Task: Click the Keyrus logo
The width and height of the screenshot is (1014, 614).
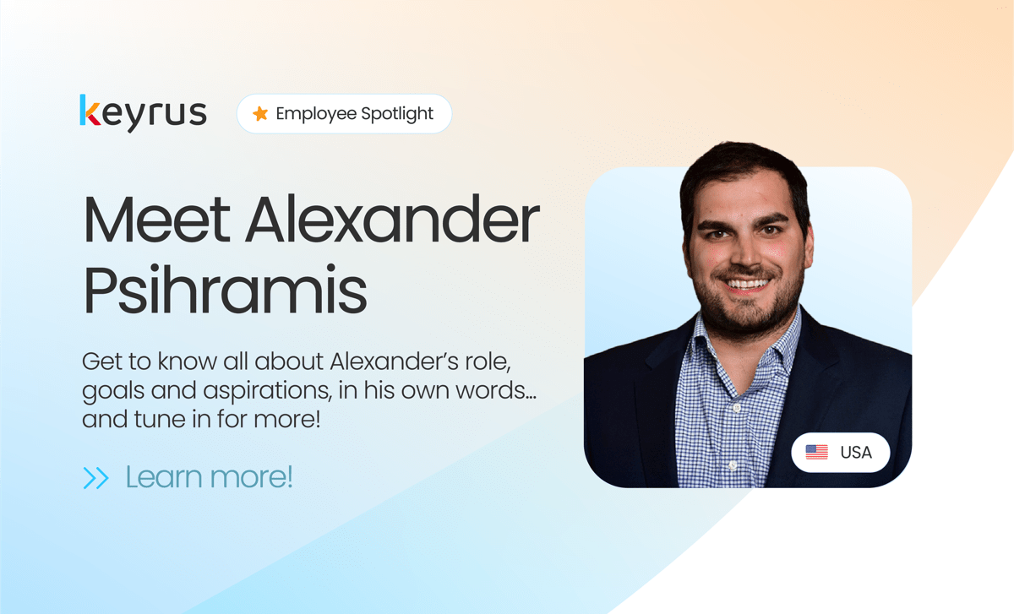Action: [143, 112]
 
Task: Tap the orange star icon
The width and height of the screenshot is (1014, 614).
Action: [260, 113]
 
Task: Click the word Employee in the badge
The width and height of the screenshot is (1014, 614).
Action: [315, 114]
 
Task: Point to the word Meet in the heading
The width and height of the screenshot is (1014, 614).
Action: [156, 220]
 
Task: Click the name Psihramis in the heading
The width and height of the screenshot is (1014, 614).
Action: [225, 290]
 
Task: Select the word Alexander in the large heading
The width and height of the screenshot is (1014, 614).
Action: [392, 220]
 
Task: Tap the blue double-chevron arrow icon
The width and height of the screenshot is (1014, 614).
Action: [96, 478]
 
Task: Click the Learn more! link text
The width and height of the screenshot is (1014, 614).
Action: [209, 477]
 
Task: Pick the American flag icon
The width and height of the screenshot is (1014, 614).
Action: [816, 452]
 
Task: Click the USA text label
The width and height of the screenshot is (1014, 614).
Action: [856, 453]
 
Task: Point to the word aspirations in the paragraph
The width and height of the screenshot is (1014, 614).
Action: [267, 391]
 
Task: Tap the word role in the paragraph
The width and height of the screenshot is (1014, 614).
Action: [491, 362]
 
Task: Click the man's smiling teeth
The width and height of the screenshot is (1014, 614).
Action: [747, 284]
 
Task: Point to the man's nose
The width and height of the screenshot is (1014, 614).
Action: [747, 251]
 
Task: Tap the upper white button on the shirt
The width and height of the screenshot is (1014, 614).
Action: [737, 408]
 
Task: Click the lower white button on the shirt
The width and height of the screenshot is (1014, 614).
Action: [733, 465]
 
